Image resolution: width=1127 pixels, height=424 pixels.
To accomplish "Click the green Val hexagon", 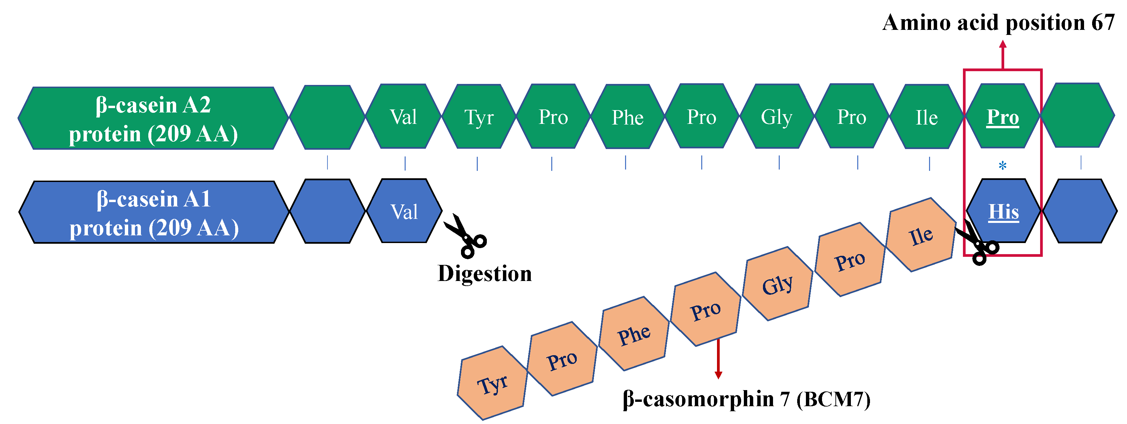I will pyautogui.click(x=403, y=116).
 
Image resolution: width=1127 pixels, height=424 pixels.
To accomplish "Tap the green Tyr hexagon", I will pyautogui.click(x=479, y=116).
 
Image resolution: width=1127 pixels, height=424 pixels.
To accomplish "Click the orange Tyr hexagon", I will pyautogui.click(x=492, y=383).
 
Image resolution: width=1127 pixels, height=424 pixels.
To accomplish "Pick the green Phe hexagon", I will pyautogui.click(x=627, y=116).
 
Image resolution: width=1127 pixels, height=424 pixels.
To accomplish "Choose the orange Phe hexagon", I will pyautogui.click(x=633, y=334).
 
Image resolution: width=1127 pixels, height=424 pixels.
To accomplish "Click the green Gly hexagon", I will pyautogui.click(x=777, y=116).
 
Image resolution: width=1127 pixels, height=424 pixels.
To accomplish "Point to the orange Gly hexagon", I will pyautogui.click(x=777, y=284).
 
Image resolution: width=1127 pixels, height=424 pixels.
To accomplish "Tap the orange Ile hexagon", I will pyautogui.click(x=921, y=235).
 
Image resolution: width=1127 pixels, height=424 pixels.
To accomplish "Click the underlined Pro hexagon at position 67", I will pyautogui.click(x=1002, y=116).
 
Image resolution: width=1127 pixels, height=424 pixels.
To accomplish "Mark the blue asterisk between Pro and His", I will pyautogui.click(x=1002, y=166).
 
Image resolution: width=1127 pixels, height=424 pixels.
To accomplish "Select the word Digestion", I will pyautogui.click(x=484, y=274).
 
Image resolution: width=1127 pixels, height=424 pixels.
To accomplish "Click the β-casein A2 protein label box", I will pyautogui.click(x=153, y=119).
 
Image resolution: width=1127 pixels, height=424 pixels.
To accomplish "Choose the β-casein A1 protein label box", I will pyautogui.click(x=154, y=213).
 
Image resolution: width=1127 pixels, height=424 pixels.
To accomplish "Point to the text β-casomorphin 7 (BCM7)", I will pyautogui.click(x=746, y=399).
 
